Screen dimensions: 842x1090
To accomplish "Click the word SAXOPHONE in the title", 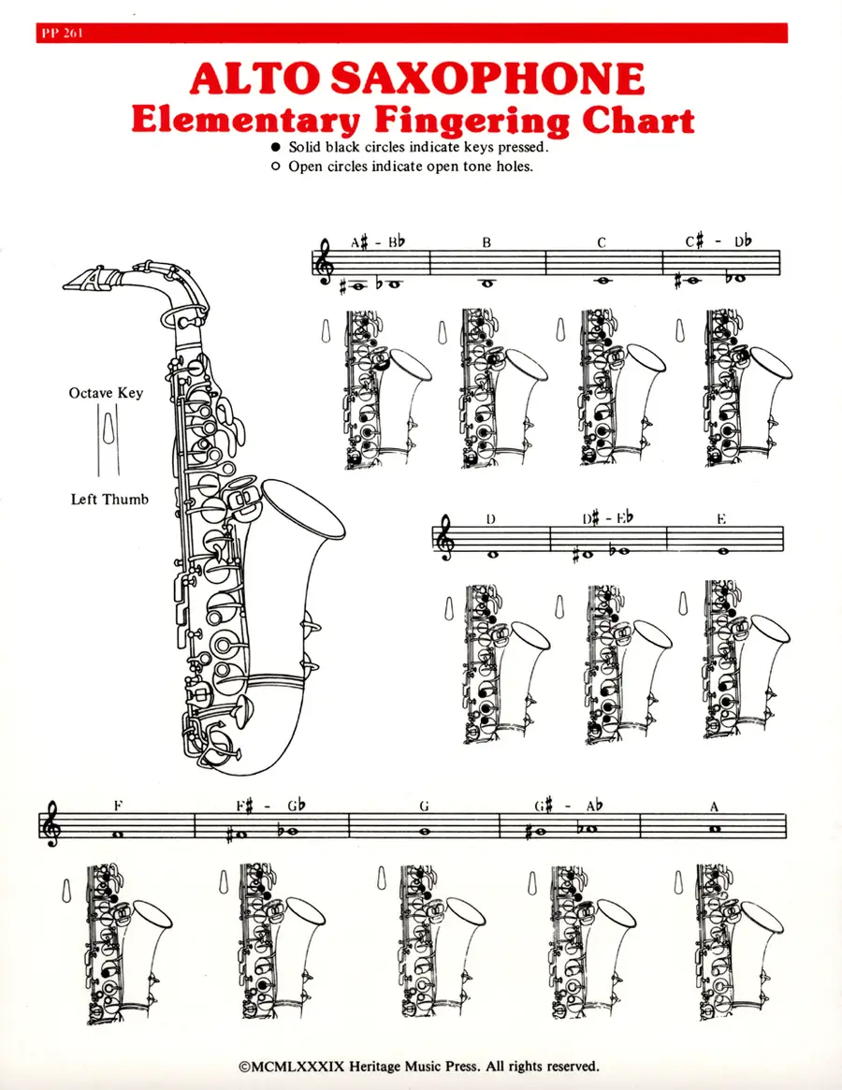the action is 486,79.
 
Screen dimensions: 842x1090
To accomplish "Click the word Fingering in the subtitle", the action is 472,120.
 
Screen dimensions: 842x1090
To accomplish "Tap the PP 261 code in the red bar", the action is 62,34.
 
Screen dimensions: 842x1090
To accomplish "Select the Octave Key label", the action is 106,393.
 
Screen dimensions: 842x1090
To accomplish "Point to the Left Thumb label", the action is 109,499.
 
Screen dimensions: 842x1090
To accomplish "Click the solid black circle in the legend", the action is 275,148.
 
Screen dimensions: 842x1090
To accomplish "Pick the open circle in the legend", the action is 275,167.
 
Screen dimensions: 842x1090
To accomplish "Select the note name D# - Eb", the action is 608,518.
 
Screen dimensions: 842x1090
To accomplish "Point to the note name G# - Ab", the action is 568,806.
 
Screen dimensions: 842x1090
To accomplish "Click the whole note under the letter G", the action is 424,831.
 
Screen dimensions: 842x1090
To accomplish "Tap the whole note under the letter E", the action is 722,551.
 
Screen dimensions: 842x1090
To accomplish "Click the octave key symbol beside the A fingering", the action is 679,882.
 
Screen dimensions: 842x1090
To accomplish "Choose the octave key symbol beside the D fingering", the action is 449,608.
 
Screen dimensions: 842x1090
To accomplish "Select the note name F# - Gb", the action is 270,806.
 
